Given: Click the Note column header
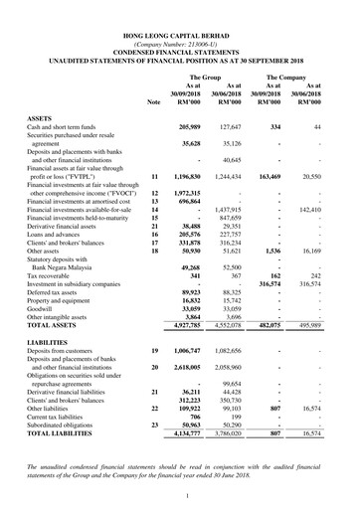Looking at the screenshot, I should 153,102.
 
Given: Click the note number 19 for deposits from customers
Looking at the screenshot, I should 153,353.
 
